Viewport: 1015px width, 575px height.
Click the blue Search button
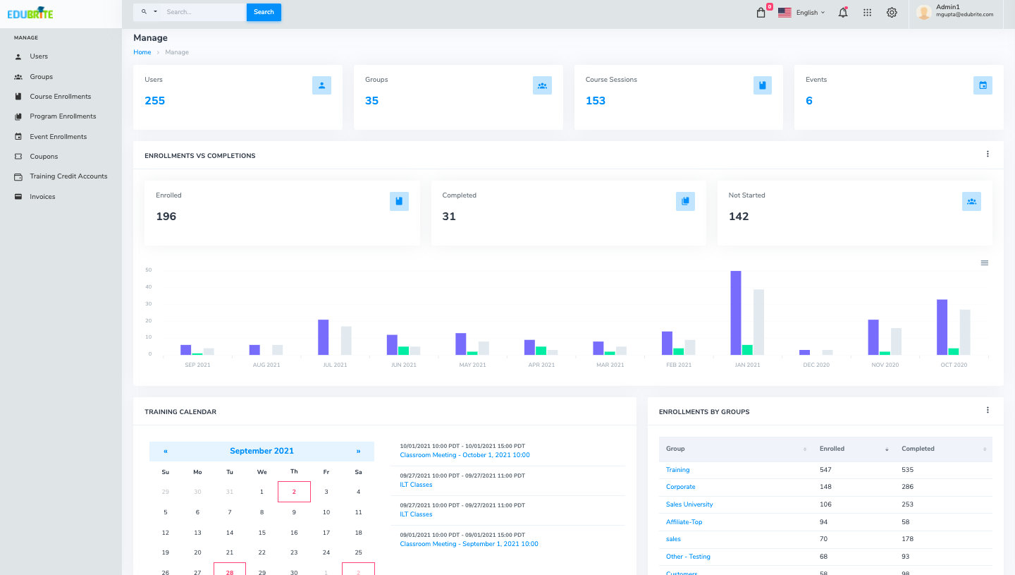264,12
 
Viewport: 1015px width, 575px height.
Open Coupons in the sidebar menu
44,157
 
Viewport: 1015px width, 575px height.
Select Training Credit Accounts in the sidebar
68,176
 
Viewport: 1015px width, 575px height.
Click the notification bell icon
842,13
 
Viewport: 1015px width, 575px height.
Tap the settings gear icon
892,13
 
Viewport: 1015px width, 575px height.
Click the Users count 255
154,101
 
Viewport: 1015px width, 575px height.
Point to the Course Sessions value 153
595,101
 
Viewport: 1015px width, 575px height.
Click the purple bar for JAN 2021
736,313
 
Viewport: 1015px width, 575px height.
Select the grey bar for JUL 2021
346,341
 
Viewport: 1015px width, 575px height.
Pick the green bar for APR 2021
541,351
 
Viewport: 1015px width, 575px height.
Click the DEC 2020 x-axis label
816,365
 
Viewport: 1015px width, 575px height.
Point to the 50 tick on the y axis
148,270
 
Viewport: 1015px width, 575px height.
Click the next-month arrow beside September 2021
358,451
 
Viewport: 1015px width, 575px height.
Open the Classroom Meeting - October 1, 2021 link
465,455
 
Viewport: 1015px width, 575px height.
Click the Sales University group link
689,504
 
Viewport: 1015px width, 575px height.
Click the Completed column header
918,449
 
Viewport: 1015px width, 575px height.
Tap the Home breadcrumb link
142,52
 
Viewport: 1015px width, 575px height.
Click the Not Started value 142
738,217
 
